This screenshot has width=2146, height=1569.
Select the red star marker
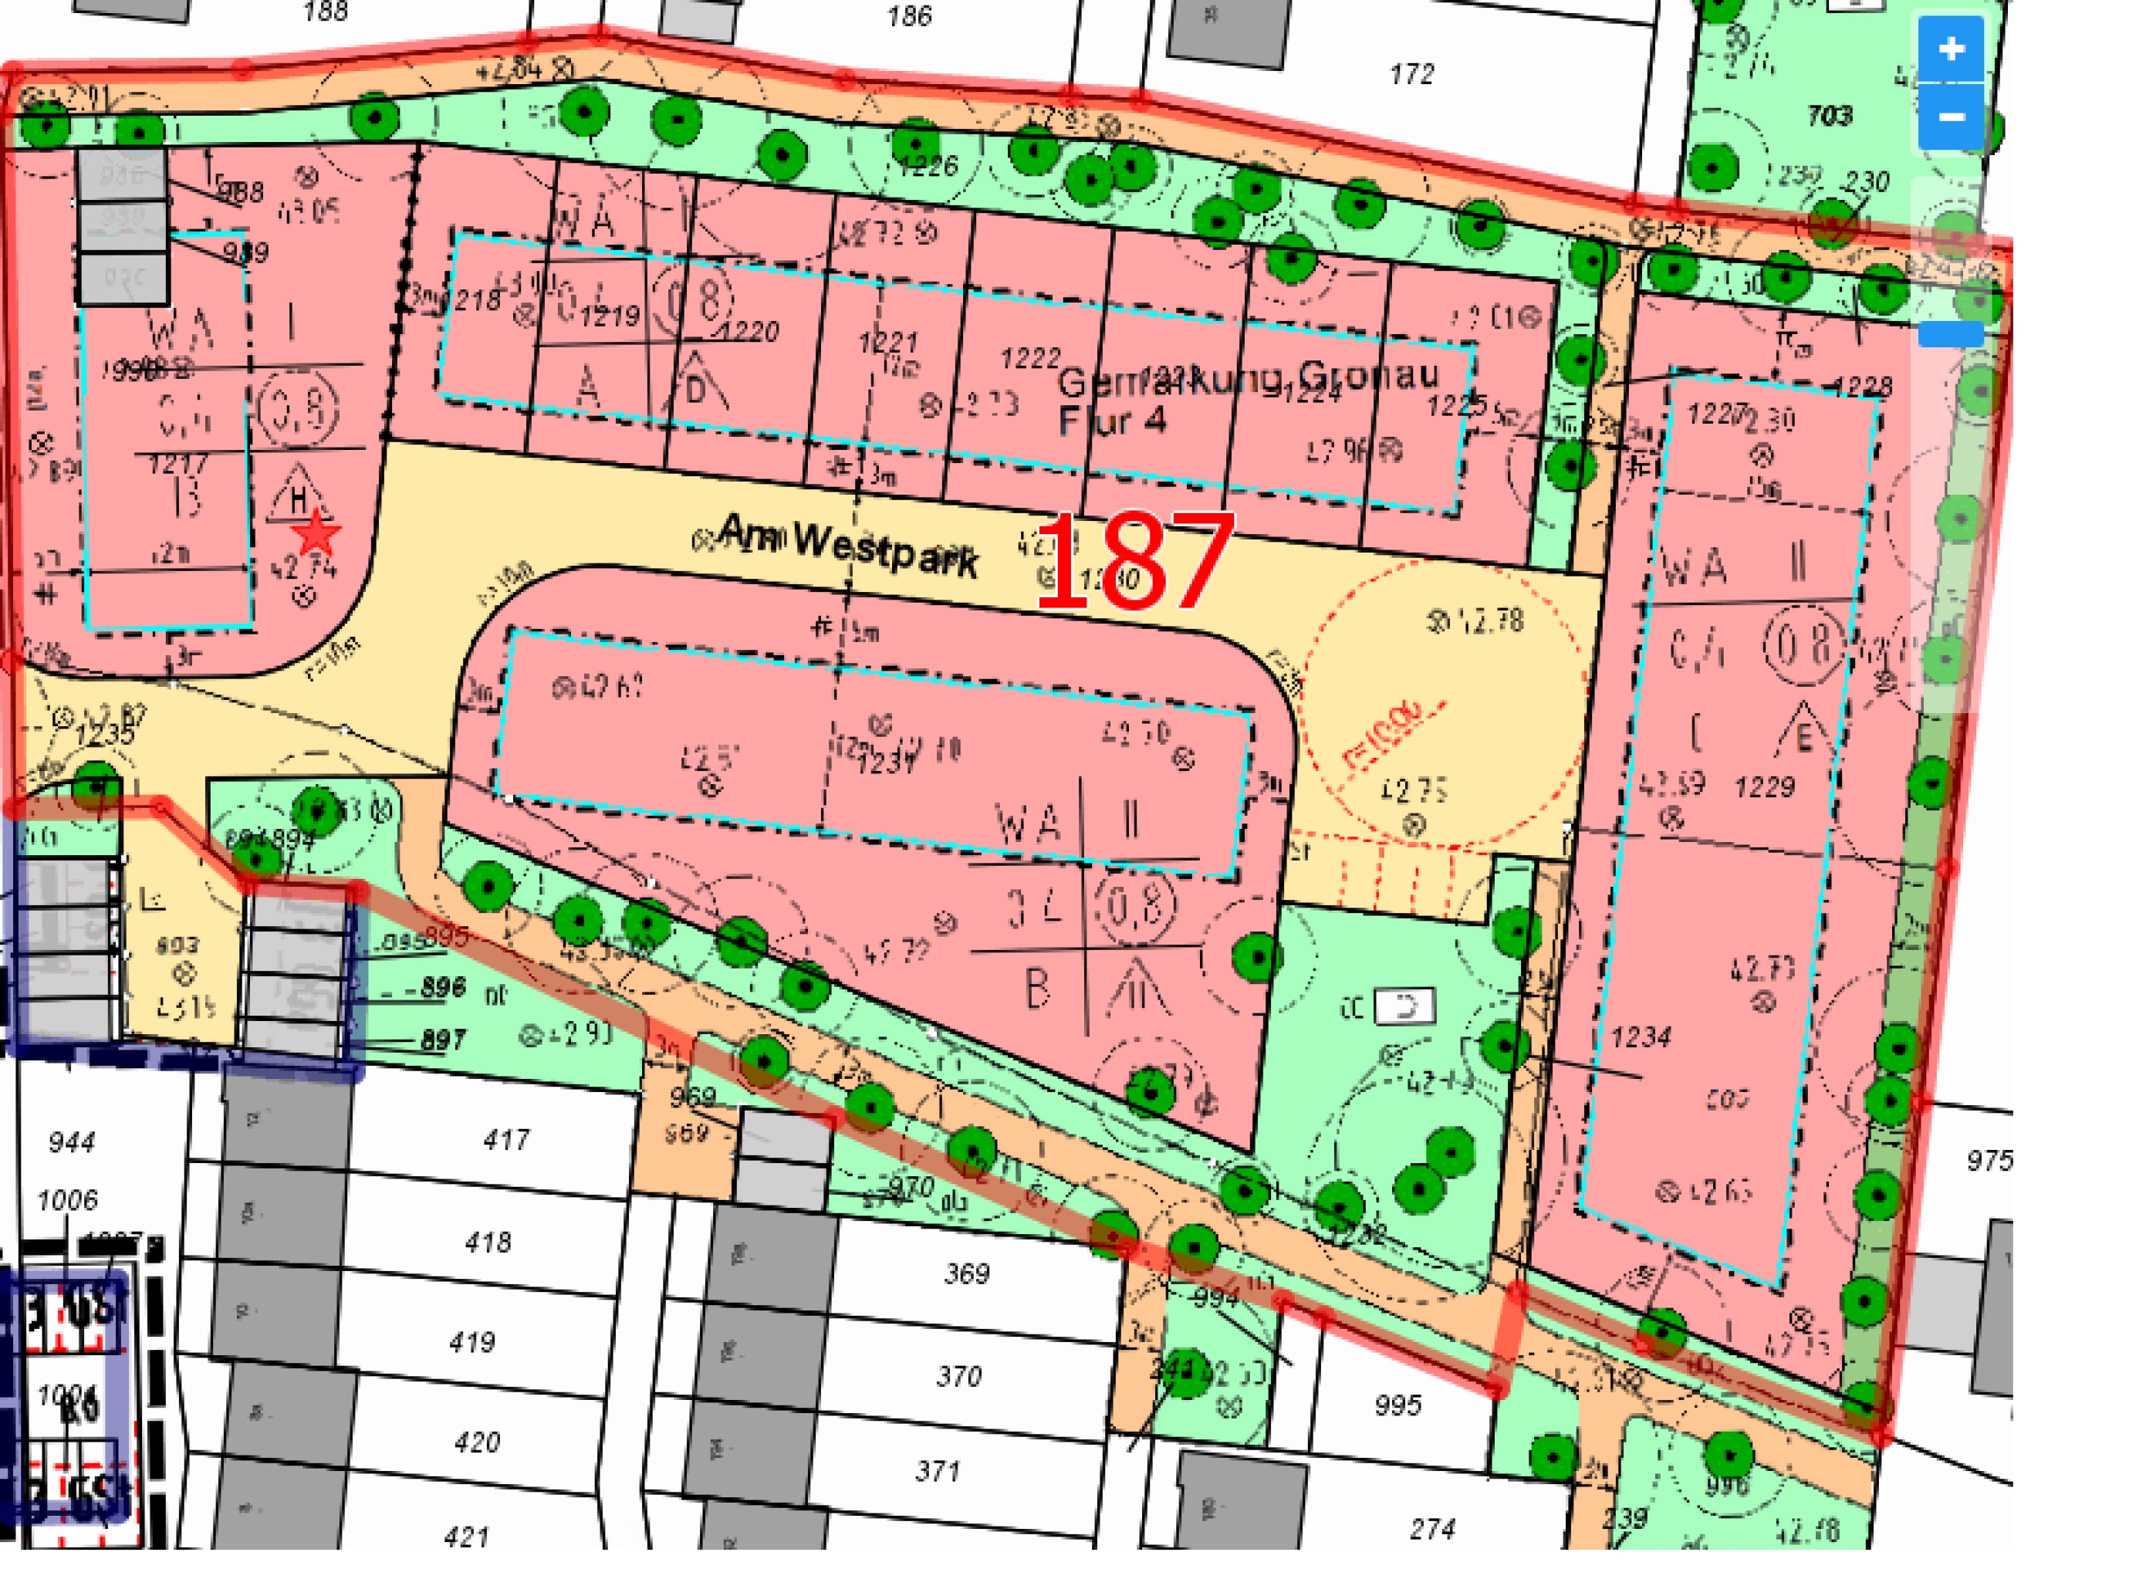317,534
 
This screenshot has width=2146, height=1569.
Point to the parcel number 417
506,1139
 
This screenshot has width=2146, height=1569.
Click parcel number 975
1989,1161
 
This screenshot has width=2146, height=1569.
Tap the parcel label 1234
1641,1036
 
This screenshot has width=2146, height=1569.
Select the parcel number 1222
1030,358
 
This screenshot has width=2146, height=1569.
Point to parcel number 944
71,1141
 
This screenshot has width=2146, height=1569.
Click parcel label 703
1829,116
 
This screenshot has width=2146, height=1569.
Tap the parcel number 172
1411,74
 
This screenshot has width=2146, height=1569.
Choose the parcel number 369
967,1273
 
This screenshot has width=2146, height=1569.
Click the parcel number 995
1397,1405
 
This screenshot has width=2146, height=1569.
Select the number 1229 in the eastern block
1764,786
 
